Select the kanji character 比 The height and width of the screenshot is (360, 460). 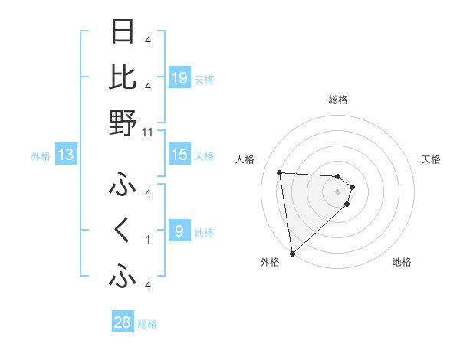pos(123,77)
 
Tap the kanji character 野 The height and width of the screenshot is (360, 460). pos(123,123)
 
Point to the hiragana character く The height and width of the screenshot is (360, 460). pos(123,231)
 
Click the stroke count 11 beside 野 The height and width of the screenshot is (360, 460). pos(147,132)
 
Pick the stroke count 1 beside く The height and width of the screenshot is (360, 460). pos(147,240)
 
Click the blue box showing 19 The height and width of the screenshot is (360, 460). pos(179,78)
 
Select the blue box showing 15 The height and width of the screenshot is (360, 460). pos(179,155)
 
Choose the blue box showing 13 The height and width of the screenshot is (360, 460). pos(66,155)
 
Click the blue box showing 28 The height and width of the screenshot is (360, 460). pos(123,322)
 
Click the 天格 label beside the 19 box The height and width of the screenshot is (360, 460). pos(204,80)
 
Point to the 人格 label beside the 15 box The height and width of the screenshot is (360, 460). pos(204,156)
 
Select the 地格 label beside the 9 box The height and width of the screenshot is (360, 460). pos(204,233)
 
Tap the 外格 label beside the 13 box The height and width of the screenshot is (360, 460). pos(41,156)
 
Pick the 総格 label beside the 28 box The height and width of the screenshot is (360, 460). pos(147,324)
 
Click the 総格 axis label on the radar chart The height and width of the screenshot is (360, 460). pos(338,100)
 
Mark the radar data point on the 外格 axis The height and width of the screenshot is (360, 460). pos(292,253)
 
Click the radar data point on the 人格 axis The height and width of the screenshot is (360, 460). pos(280,172)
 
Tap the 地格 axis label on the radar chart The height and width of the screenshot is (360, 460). pos(402,262)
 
